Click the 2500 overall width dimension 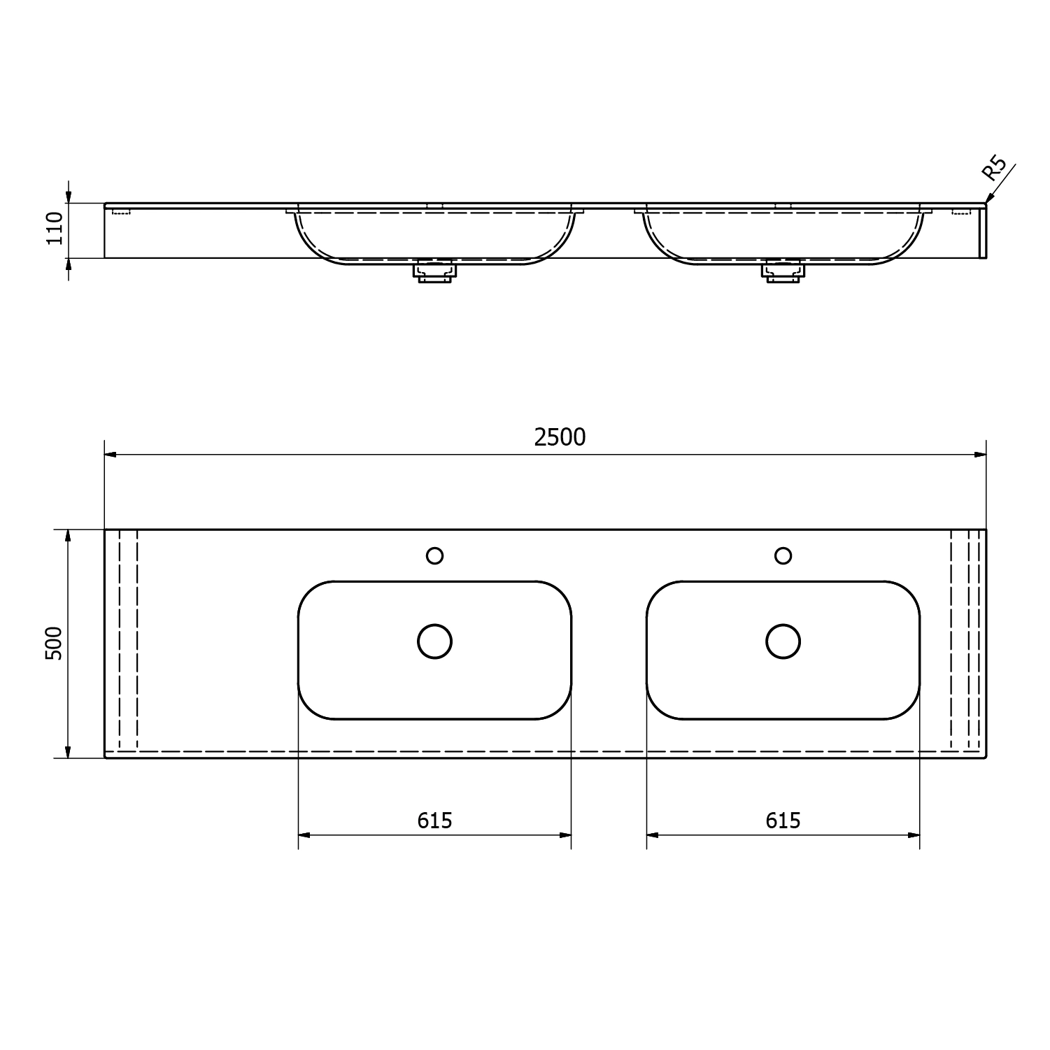point(560,437)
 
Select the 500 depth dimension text point(54,643)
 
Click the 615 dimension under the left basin point(434,820)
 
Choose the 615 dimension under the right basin point(783,820)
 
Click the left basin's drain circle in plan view point(434,641)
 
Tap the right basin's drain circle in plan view point(783,641)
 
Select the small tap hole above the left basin point(434,555)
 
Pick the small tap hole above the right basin point(783,555)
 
